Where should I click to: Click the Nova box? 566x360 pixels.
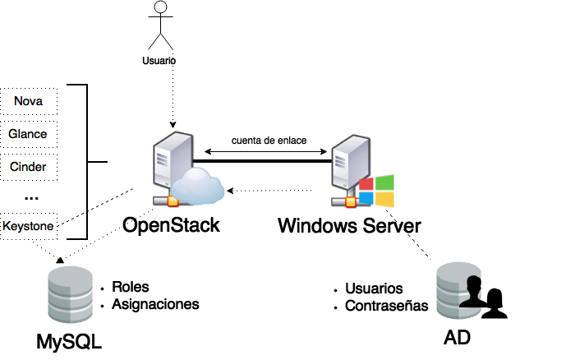(x=29, y=101)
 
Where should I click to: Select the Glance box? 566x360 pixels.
(x=29, y=134)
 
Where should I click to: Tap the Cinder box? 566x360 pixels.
(x=29, y=167)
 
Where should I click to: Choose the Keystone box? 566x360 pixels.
(x=29, y=225)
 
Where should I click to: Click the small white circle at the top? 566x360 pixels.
(x=160, y=7)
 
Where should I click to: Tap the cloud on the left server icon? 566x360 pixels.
(x=197, y=186)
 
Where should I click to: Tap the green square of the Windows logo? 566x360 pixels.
(x=384, y=182)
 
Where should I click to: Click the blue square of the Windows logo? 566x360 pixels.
(x=366, y=199)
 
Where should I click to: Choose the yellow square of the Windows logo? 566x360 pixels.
(x=384, y=200)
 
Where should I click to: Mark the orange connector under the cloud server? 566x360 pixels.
(x=173, y=201)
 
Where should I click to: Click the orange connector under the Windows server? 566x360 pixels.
(x=351, y=201)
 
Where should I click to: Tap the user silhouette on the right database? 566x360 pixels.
(x=471, y=292)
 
